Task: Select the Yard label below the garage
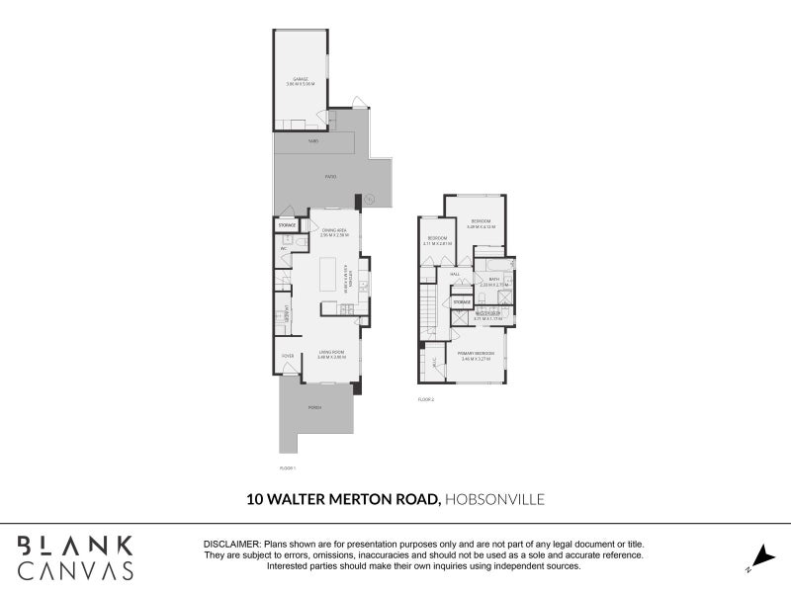[x=314, y=141]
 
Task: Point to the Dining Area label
[x=333, y=230]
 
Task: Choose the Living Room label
[x=330, y=351]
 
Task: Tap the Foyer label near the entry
[x=288, y=356]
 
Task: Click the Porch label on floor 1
[x=314, y=407]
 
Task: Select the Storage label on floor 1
[x=287, y=225]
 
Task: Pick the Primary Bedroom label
[x=477, y=353]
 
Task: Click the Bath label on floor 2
[x=494, y=280]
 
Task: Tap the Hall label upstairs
[x=456, y=274]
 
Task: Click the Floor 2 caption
[x=426, y=399]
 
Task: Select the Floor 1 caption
[x=288, y=466]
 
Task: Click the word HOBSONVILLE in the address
[x=495, y=500]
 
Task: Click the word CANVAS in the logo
[x=75, y=570]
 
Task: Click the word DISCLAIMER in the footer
[x=231, y=545]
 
